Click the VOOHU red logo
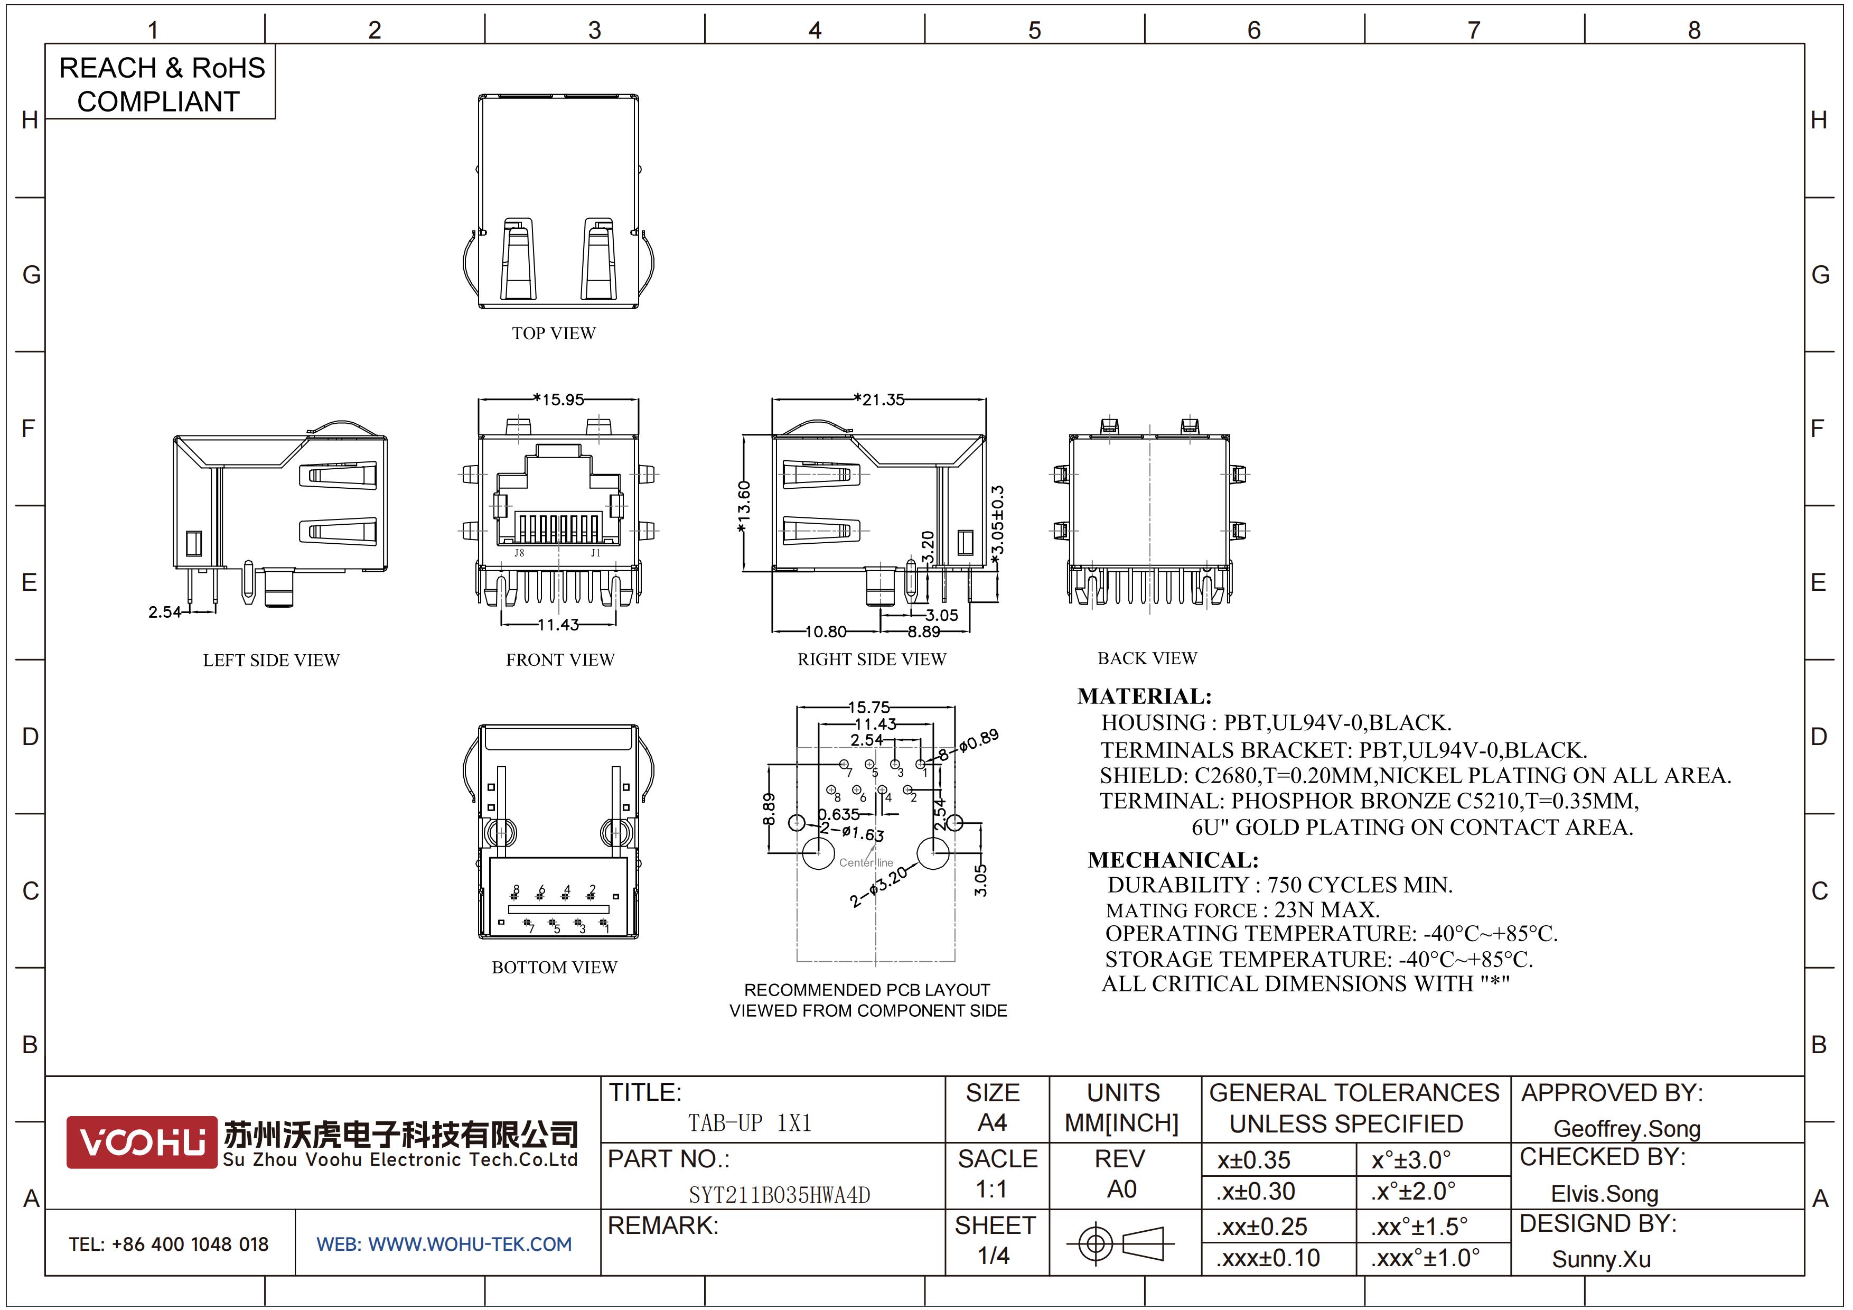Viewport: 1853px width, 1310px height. [141, 1142]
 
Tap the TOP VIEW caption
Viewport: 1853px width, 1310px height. [554, 333]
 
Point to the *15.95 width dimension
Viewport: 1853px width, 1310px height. [558, 399]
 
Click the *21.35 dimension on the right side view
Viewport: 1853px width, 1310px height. [879, 399]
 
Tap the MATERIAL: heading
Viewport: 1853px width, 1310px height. [1145, 696]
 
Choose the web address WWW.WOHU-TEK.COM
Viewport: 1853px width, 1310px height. [470, 1244]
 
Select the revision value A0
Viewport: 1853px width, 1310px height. [1122, 1189]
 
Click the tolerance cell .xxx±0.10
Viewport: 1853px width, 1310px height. [1268, 1258]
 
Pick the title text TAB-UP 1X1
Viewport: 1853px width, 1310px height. [750, 1123]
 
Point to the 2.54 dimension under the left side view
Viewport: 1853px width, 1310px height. [165, 612]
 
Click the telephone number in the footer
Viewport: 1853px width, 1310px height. [169, 1244]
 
